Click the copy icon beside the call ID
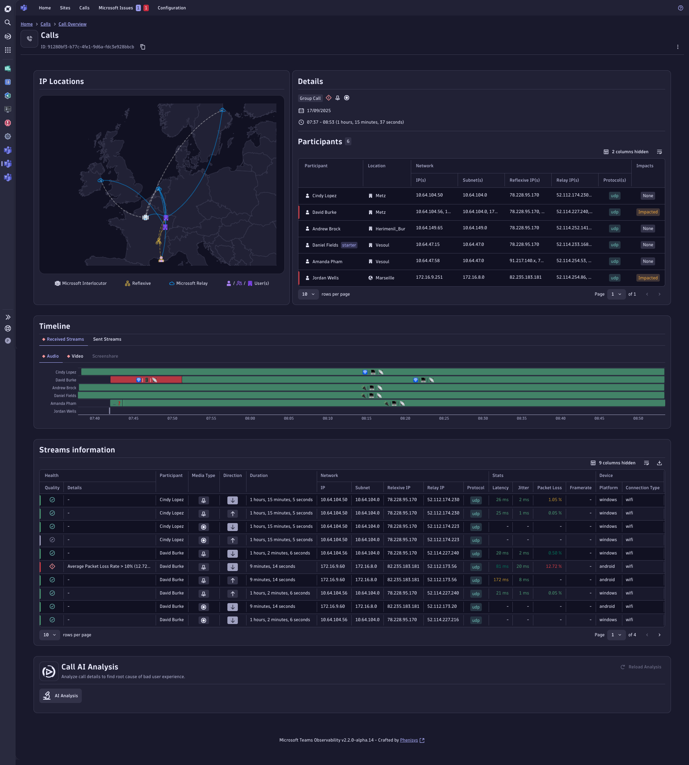(x=143, y=47)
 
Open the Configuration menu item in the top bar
(x=172, y=8)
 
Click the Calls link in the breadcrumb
(x=45, y=24)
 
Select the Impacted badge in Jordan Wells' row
(x=648, y=278)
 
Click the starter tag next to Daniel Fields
(x=349, y=245)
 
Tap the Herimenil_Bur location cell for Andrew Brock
(x=390, y=229)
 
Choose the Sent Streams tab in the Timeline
(x=107, y=339)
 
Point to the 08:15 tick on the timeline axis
(x=366, y=418)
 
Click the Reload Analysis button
(x=641, y=667)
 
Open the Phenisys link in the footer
(x=409, y=740)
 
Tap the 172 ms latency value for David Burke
(x=501, y=580)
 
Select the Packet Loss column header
(x=549, y=488)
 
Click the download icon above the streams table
(x=659, y=463)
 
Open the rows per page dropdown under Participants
(x=308, y=294)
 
